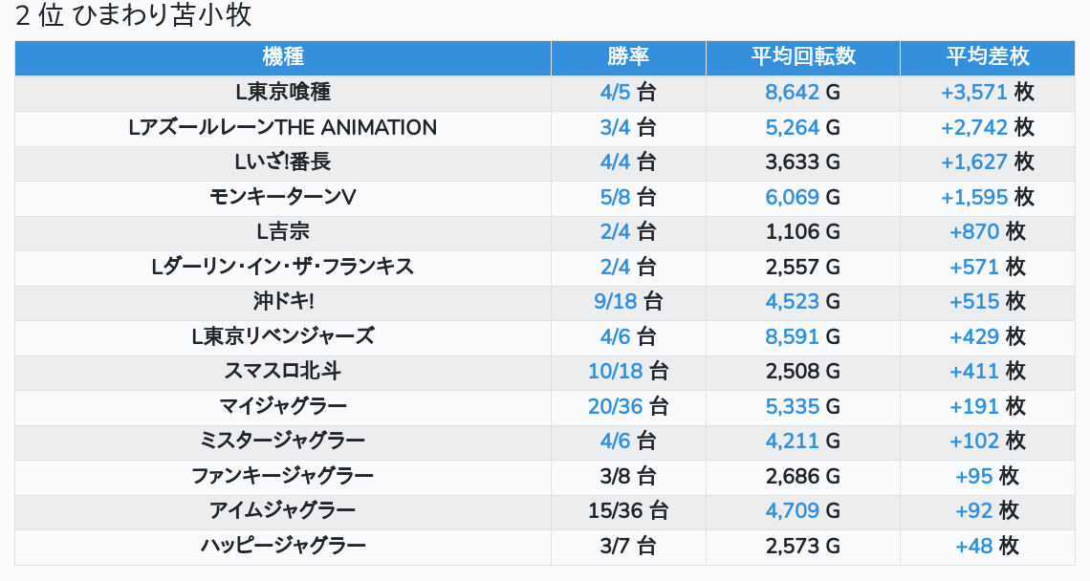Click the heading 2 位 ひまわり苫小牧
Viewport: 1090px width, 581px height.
(134, 16)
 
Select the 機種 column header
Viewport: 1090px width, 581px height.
(283, 56)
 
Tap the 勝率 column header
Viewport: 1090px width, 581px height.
(628, 56)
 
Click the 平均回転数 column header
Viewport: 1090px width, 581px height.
(803, 56)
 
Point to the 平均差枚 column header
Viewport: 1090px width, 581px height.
(988, 56)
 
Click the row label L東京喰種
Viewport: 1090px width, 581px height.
(283, 93)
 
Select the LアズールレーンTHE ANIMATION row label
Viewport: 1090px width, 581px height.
(283, 127)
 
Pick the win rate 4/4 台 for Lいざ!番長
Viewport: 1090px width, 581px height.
(628, 161)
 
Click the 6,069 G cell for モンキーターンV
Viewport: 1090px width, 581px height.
(803, 197)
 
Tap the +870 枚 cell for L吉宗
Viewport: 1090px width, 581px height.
(988, 231)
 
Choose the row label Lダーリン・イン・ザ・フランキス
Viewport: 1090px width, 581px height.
(283, 267)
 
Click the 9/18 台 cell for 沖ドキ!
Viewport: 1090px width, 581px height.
(628, 301)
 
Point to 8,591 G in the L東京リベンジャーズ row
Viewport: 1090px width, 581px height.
(803, 336)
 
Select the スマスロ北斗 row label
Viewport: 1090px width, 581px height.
(283, 371)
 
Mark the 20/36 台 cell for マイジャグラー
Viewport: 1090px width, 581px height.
(628, 406)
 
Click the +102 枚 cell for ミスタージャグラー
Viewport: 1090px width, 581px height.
(988, 441)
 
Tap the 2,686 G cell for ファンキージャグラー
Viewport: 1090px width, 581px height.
(803, 475)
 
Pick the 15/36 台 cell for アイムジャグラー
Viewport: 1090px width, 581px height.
(628, 510)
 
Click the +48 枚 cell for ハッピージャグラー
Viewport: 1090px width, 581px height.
(988, 546)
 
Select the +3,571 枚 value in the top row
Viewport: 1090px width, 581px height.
(988, 93)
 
